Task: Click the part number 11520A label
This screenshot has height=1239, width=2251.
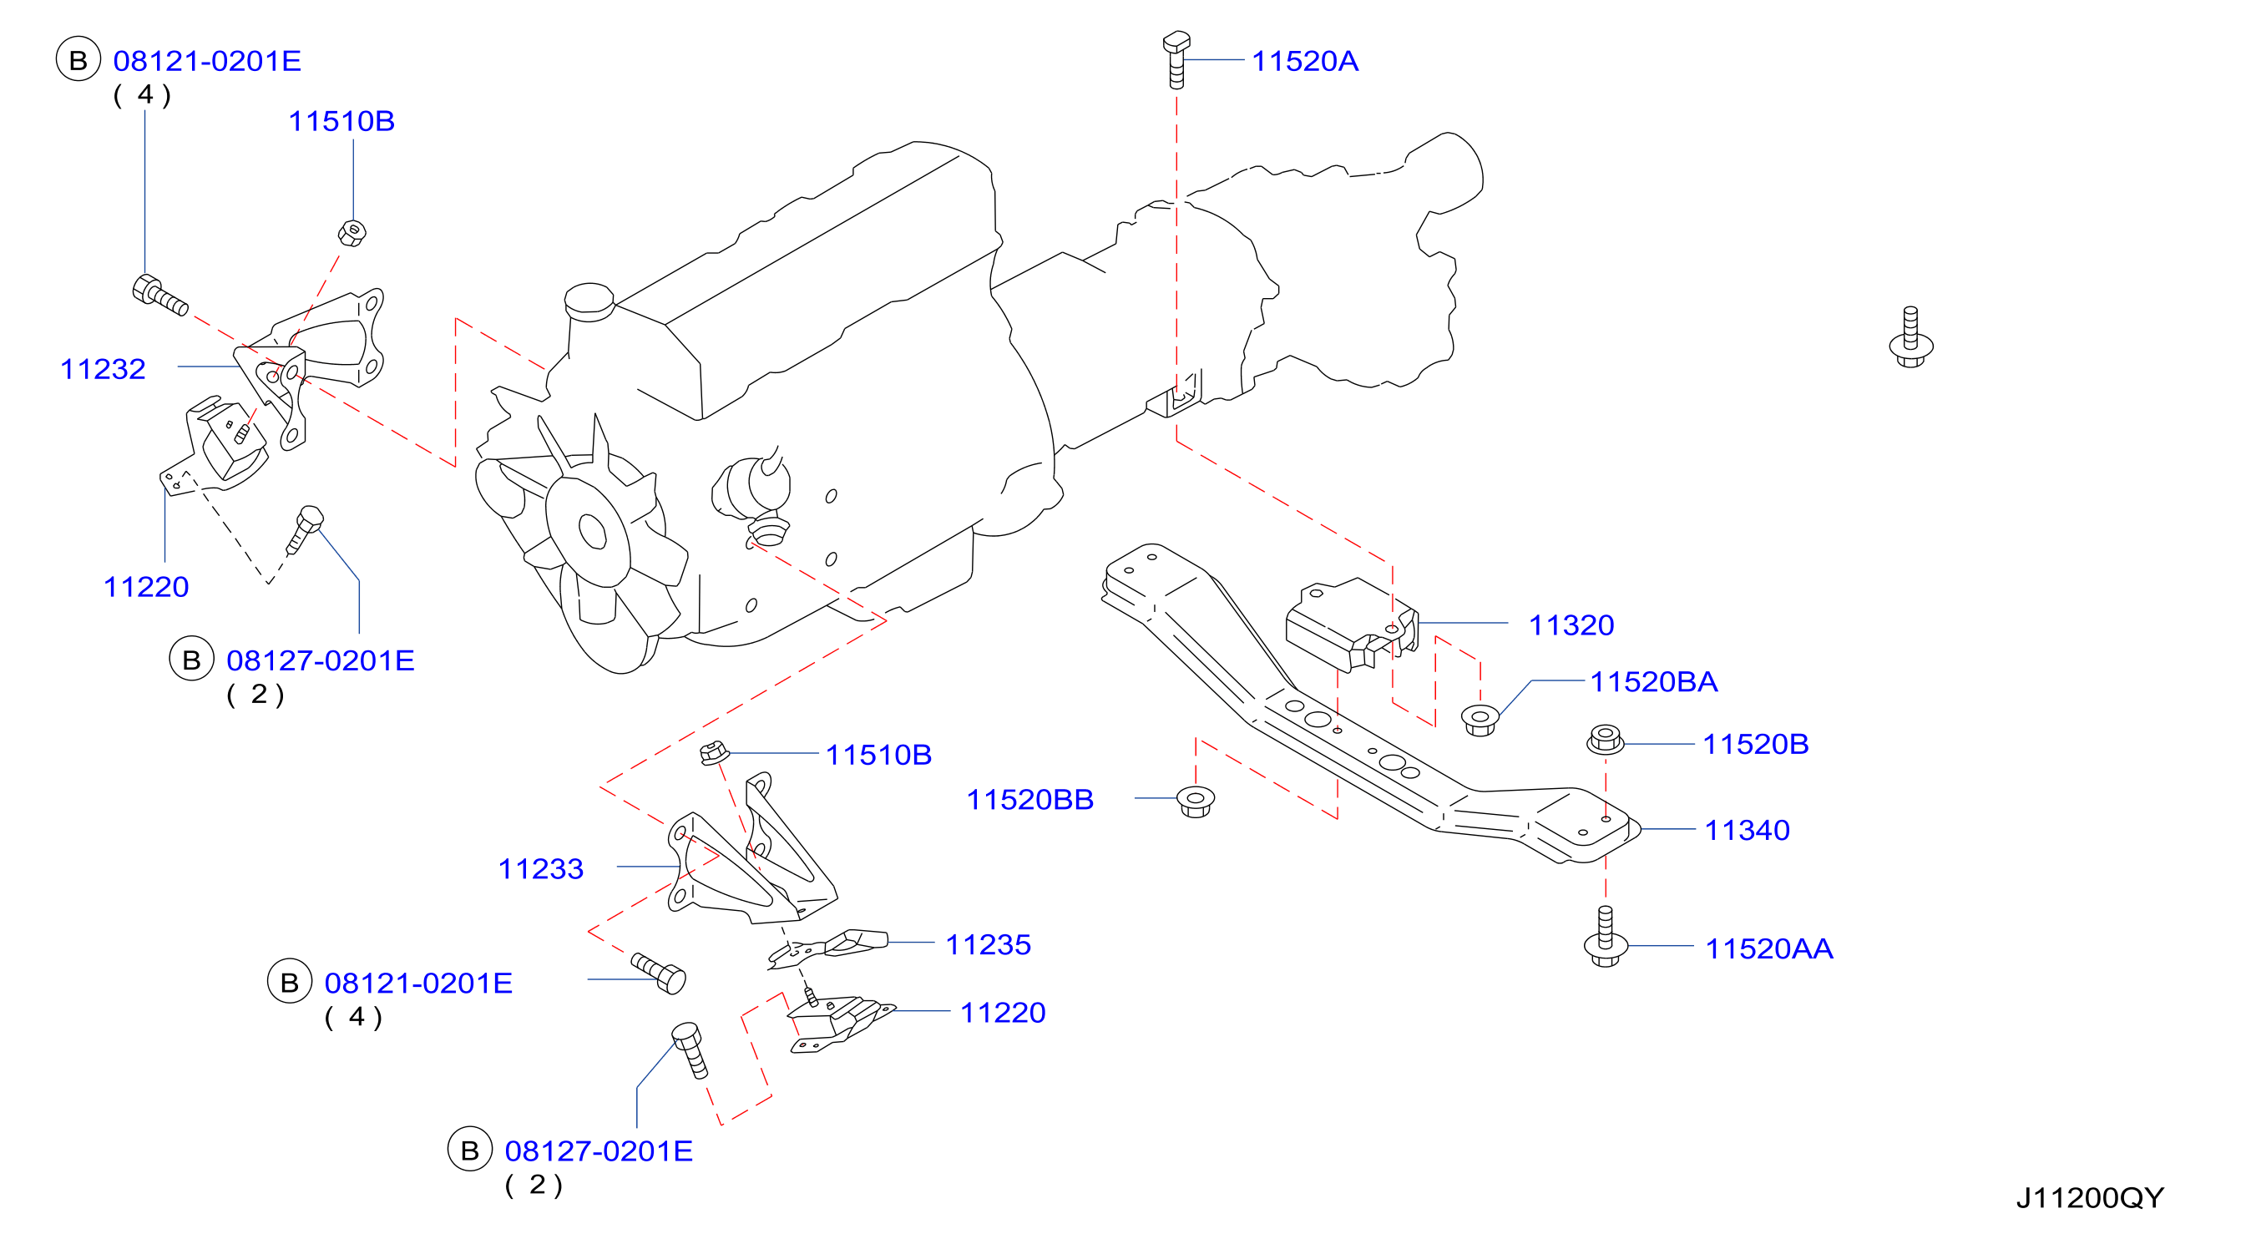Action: click(1305, 61)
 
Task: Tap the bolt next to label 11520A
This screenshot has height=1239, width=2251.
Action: click(1176, 59)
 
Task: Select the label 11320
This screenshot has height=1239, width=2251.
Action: click(1571, 625)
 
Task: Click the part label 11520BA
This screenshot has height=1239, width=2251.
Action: click(1653, 681)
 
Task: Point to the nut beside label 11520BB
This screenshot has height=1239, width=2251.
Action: click(1196, 802)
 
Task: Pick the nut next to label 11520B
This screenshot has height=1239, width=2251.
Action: click(1605, 739)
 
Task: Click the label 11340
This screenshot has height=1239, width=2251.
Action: click(1747, 830)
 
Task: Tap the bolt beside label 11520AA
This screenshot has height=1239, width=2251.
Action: click(1606, 937)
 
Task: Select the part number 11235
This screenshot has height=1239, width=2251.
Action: click(989, 944)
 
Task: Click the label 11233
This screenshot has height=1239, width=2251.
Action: click(540, 868)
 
